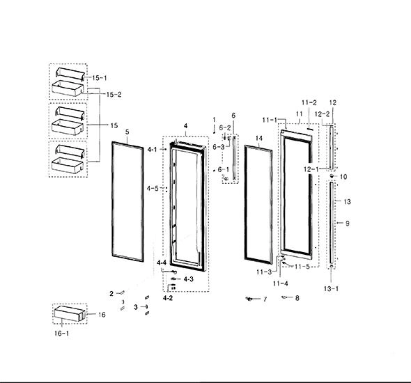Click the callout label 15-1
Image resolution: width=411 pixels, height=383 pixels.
point(100,78)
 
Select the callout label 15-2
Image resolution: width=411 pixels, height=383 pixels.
point(114,95)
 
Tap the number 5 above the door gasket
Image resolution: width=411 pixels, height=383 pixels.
point(127,132)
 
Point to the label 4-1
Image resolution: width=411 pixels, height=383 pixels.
point(153,150)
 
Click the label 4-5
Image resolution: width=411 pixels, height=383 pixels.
point(153,188)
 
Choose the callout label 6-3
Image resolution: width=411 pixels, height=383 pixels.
point(219,147)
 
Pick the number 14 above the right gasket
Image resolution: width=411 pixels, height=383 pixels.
point(259,139)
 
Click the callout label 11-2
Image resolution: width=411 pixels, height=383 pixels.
point(309,102)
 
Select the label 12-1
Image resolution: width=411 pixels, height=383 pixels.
point(311,169)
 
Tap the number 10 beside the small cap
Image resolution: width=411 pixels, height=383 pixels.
point(343,177)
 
